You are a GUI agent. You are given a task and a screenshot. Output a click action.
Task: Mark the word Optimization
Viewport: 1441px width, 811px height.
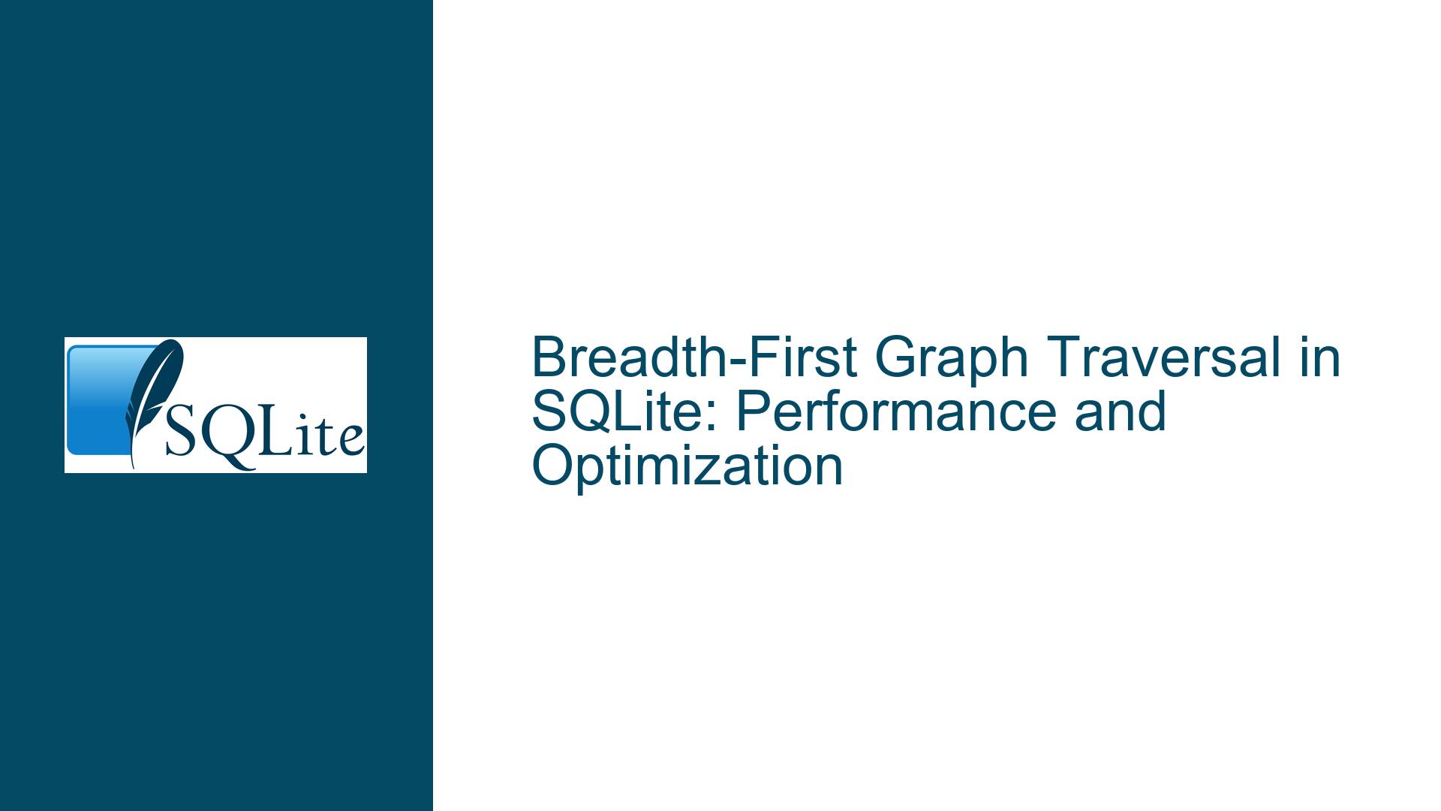[x=687, y=466]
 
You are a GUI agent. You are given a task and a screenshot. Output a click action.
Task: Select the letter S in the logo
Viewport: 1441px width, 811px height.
[x=180, y=436]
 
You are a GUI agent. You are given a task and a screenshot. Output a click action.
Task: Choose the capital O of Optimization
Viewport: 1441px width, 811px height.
[x=550, y=466]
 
